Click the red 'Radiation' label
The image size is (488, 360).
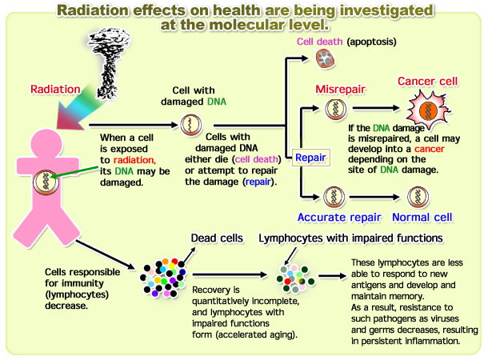pyautogui.click(x=55, y=90)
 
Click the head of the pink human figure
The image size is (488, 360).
pyautogui.click(x=46, y=144)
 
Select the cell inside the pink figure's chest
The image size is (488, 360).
pyautogui.click(x=46, y=182)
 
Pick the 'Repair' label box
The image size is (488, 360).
pyautogui.click(x=310, y=158)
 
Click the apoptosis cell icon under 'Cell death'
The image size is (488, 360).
pyautogui.click(x=326, y=58)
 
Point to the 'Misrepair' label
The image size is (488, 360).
pyautogui.click(x=340, y=90)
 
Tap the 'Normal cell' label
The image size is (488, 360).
pyautogui.click(x=422, y=217)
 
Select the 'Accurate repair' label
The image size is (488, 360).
pyautogui.click(x=339, y=217)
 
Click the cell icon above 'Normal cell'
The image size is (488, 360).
pyautogui.click(x=418, y=197)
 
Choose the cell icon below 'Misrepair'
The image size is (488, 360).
pyautogui.click(x=336, y=110)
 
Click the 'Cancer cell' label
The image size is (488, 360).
pyautogui.click(x=428, y=82)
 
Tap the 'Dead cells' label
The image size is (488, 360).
pyautogui.click(x=217, y=238)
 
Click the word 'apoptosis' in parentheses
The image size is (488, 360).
pyautogui.click(x=372, y=42)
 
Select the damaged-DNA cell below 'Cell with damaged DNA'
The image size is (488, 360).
pyautogui.click(x=191, y=125)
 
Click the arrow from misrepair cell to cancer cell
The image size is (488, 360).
pyautogui.click(x=376, y=108)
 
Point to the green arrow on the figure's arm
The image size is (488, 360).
pyautogui.click(x=74, y=172)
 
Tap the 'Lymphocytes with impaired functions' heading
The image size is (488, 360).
pyautogui.click(x=350, y=238)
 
